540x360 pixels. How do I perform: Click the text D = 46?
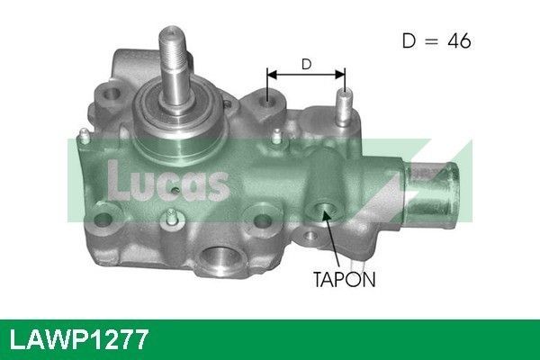434,40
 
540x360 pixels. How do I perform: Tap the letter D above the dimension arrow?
306,64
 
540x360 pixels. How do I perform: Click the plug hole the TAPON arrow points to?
322,211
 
